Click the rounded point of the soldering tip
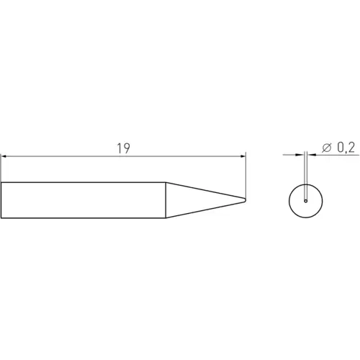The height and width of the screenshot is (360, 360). click(x=245, y=199)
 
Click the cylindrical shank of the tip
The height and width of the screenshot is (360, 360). click(x=83, y=199)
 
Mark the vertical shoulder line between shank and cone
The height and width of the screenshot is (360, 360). click(x=167, y=199)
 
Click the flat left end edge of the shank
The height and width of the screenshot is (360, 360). click(x=1, y=199)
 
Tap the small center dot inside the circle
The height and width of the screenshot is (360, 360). click(x=306, y=201)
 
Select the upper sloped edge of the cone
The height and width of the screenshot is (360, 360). click(x=205, y=191)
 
